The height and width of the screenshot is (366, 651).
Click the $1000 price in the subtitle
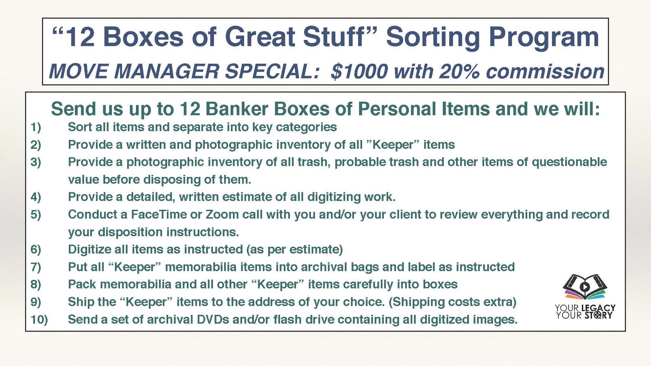tap(359, 72)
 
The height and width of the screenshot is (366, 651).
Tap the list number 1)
tap(36, 128)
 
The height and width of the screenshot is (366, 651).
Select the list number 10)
tap(39, 320)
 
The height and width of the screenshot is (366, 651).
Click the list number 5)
tap(36, 215)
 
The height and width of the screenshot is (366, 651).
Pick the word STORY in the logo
tap(599, 315)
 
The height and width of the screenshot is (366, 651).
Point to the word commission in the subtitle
tap(545, 72)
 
